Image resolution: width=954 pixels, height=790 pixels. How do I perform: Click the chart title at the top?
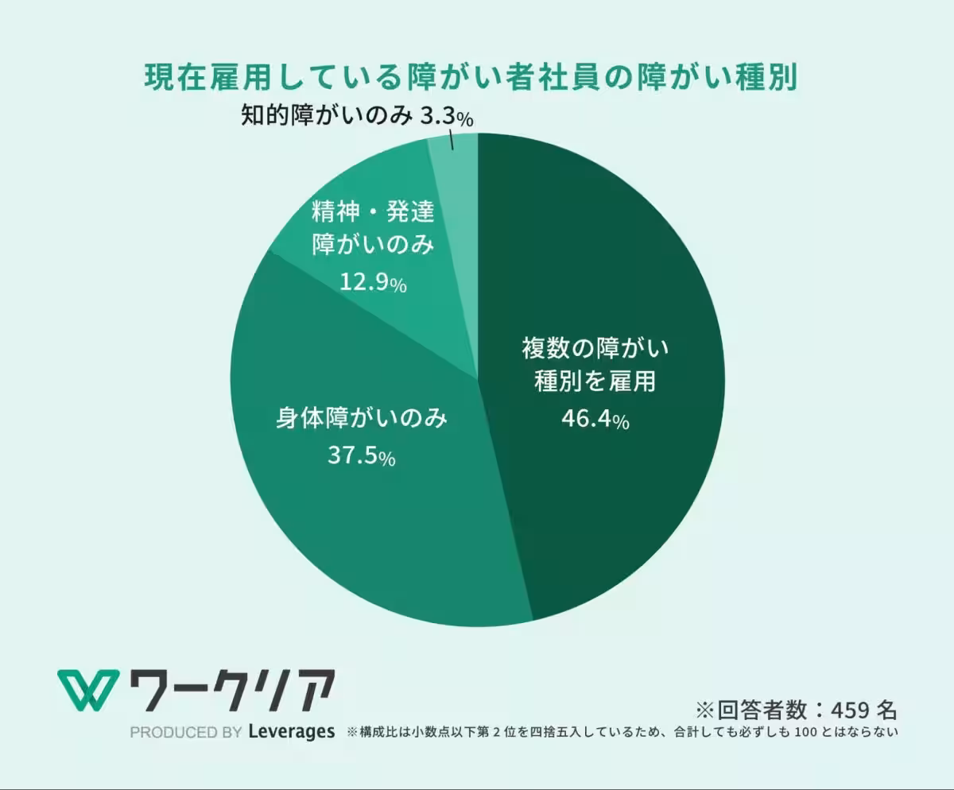pyautogui.click(x=471, y=77)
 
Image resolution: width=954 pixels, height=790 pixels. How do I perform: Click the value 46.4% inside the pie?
pyautogui.click(x=595, y=418)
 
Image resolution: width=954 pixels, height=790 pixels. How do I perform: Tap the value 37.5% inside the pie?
pyautogui.click(x=362, y=455)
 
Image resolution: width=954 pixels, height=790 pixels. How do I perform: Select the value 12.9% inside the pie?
pyautogui.click(x=374, y=282)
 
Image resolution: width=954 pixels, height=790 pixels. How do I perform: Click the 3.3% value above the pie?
pyautogui.click(x=446, y=116)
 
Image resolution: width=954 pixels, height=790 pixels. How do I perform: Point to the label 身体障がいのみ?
pyautogui.click(x=362, y=418)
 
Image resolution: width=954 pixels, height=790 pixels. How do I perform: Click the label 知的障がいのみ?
pyautogui.click(x=327, y=115)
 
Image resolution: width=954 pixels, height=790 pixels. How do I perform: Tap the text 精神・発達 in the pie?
pyautogui.click(x=373, y=211)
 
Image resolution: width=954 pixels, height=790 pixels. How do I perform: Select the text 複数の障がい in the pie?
pyautogui.click(x=595, y=348)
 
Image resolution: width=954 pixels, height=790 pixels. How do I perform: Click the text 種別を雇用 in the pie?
pyautogui.click(x=595, y=381)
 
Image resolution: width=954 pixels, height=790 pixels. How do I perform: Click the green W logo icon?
pyautogui.click(x=88, y=691)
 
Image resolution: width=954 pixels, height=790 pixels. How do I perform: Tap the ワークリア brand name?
pyautogui.click(x=233, y=691)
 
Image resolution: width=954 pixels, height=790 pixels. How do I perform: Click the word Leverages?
pyautogui.click(x=292, y=731)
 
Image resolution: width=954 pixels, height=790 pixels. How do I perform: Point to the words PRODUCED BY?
pyautogui.click(x=185, y=733)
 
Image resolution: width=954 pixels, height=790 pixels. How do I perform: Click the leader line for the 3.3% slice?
pyautogui.click(x=452, y=139)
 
